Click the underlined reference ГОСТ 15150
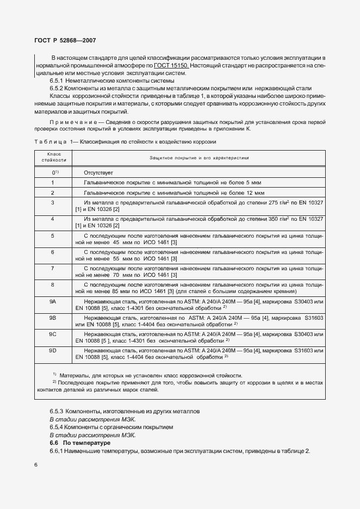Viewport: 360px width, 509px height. pyautogui.click(x=171, y=65)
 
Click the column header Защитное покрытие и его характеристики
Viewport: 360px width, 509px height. pyautogui.click(x=199, y=158)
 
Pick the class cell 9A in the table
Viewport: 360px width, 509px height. pyautogui.click(x=53, y=301)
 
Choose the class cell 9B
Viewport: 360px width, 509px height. pyautogui.click(x=53, y=317)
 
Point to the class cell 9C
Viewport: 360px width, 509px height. pyautogui.click(x=53, y=333)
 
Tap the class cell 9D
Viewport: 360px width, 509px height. pyautogui.click(x=53, y=350)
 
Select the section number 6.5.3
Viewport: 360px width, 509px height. pyautogui.click(x=57, y=411)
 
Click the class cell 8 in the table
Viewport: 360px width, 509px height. pyautogui.click(x=53, y=284)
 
